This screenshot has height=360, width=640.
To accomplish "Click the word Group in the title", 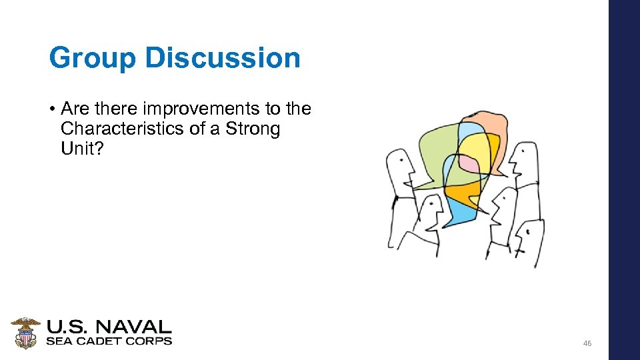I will [x=92, y=58].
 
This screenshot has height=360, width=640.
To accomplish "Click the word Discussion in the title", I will [x=223, y=58].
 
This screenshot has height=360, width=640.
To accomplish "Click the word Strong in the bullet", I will [x=253, y=128].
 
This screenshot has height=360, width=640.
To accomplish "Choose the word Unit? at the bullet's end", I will [x=82, y=148].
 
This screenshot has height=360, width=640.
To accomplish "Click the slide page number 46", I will [x=587, y=343].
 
